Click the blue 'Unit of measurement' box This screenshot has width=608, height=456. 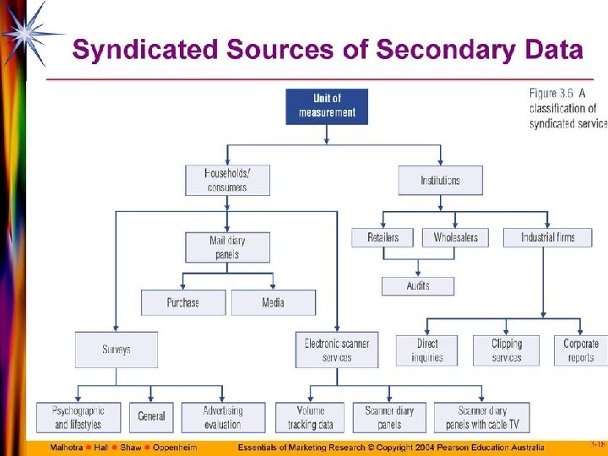click(327, 106)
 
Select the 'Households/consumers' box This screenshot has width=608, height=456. click(227, 180)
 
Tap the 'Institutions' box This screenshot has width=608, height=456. click(441, 180)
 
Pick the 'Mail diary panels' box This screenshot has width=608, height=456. click(227, 247)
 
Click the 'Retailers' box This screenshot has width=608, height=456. click(383, 237)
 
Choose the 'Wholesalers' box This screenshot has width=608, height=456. click(455, 237)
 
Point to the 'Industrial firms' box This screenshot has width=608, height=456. click(548, 237)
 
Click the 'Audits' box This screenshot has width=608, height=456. click(417, 286)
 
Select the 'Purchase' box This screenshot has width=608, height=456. click(183, 302)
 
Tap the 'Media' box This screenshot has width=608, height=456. click(274, 302)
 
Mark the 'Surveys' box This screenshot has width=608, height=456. click(117, 350)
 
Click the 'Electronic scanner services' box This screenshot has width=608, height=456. click(337, 350)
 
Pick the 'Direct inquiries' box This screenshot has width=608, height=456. click(427, 350)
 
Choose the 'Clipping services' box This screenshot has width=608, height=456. click(507, 350)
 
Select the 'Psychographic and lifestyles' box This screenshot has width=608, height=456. click(78, 417)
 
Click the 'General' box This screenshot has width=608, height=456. click(152, 417)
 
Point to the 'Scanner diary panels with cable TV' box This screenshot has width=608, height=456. click(483, 417)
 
